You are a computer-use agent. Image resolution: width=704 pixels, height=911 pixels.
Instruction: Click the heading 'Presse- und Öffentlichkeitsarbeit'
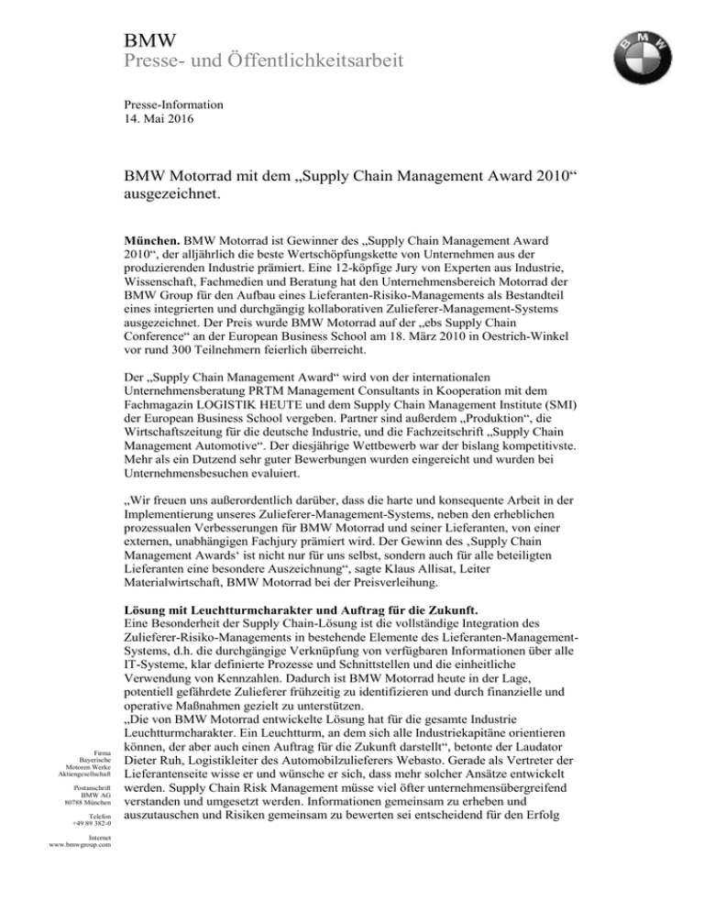point(264,62)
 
